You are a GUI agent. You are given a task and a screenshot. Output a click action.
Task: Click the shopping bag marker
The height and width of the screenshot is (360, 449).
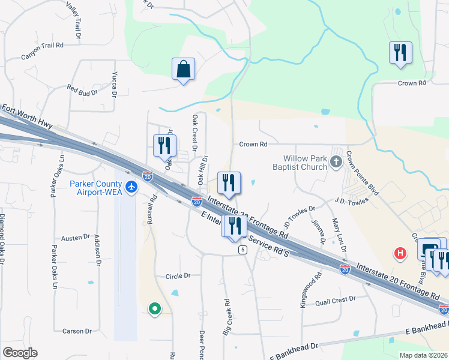click(183, 70)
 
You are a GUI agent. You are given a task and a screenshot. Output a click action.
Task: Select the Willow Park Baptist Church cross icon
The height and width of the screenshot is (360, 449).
click(336, 161)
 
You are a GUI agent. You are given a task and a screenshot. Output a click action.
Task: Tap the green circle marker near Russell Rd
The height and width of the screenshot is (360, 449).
click(155, 309)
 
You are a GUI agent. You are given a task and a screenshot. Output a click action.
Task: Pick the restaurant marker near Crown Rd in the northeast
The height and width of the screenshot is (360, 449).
click(400, 52)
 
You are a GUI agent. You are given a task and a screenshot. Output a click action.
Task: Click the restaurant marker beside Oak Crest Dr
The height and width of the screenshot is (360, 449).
click(163, 146)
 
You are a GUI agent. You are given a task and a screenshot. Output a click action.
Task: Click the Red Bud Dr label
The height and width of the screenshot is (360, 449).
click(82, 90)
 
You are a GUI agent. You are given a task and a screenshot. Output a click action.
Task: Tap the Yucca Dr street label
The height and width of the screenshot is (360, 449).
click(114, 83)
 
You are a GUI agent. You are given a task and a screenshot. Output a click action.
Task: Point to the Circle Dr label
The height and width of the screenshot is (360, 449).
click(178, 276)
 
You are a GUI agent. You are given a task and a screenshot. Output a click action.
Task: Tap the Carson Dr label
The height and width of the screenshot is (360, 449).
click(77, 331)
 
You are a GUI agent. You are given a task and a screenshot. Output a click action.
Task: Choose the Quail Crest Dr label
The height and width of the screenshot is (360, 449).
click(335, 298)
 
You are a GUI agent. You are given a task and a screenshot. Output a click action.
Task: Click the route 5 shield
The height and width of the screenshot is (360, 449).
click(243, 249)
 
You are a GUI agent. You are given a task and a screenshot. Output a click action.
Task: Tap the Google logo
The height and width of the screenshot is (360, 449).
click(20, 353)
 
